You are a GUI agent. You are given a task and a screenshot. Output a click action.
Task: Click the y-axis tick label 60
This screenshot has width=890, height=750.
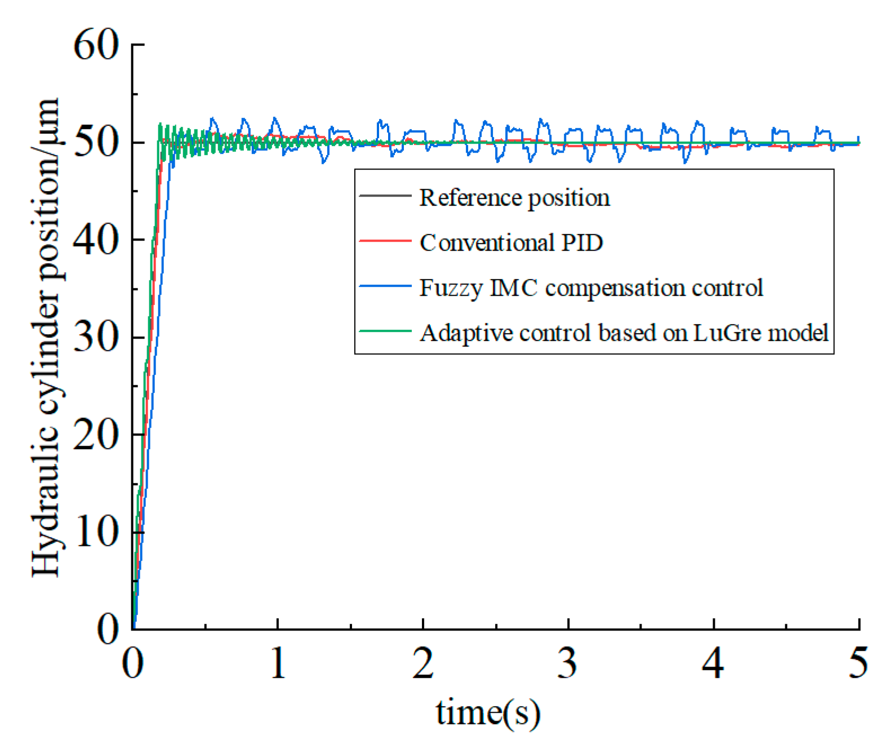click(96, 45)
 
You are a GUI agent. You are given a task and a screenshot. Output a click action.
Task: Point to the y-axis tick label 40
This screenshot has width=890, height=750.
click(96, 240)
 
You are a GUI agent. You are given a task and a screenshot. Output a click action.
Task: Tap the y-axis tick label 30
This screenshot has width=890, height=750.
click(96, 338)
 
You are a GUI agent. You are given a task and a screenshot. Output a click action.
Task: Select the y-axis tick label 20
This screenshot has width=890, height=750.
click(96, 435)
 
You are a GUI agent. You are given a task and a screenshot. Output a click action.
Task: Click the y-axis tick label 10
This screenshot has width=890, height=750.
click(96, 532)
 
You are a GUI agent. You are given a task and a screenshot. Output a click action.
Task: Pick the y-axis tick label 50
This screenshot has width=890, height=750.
click(96, 143)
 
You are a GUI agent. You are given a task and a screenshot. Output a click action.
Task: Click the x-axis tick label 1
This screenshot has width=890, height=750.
click(278, 663)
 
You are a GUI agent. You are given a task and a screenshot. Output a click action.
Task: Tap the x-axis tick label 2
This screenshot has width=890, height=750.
click(423, 663)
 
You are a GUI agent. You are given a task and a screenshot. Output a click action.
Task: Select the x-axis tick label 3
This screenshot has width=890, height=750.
click(568, 663)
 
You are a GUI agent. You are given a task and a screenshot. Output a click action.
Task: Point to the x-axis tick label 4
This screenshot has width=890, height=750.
click(713, 663)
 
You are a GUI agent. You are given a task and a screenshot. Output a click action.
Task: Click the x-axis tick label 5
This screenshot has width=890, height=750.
click(858, 663)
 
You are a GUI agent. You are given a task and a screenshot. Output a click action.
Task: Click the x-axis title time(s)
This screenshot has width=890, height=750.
click(488, 713)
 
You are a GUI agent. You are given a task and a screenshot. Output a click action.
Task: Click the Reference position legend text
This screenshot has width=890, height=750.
click(514, 198)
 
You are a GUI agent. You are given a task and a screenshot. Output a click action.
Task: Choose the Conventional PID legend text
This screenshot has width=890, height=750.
click(511, 243)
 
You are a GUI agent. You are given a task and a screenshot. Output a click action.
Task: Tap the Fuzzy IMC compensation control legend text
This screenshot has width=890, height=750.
click(591, 288)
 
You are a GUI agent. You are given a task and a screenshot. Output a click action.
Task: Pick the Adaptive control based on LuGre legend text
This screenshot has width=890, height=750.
click(624, 333)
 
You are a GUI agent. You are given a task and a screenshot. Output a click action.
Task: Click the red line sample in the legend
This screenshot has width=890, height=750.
click(385, 241)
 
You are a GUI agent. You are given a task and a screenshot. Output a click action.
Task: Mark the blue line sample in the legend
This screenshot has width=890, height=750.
click(385, 286)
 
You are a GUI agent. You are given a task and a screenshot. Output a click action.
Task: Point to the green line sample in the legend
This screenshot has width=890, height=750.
click(385, 331)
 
